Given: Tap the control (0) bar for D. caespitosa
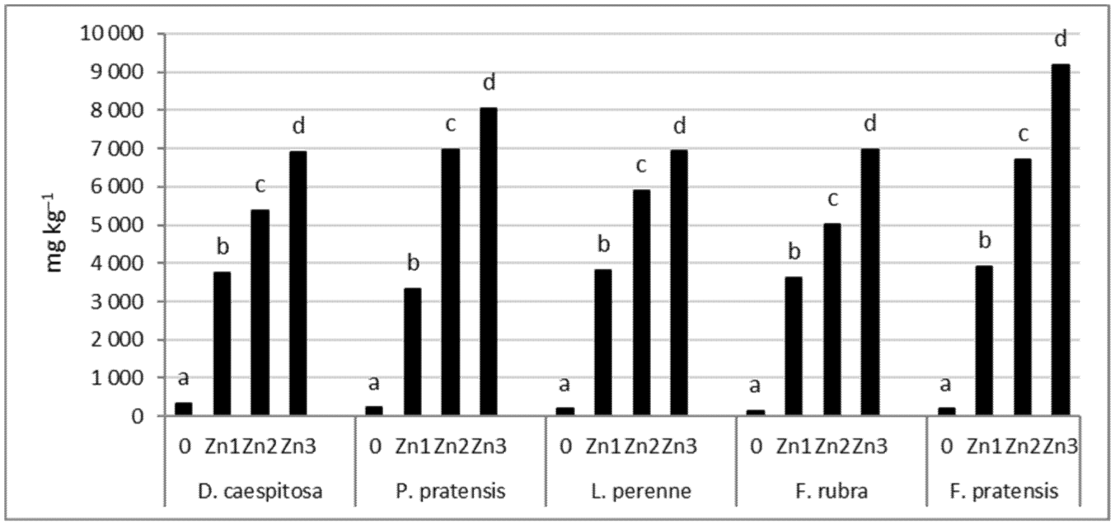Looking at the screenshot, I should pos(184,409).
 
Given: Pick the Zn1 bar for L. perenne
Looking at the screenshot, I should pos(603,342).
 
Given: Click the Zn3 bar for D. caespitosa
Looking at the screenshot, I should pos(298,283).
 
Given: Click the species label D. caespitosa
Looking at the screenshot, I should pos(260,492).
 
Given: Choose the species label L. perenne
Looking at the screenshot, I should pos(641,492).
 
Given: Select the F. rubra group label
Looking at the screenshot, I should pos(832,492).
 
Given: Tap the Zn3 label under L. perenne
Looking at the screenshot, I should pos(680,447).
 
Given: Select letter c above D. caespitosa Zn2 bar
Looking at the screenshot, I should pos(260,186).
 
